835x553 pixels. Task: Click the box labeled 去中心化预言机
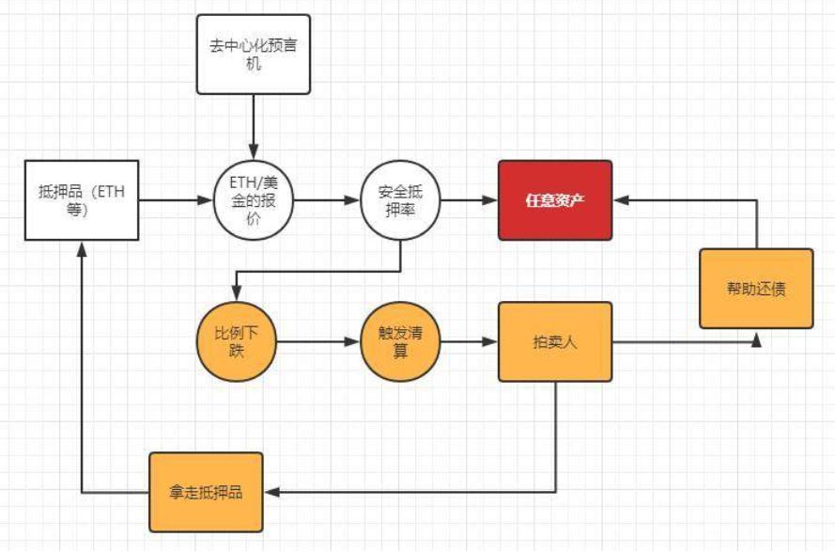click(253, 54)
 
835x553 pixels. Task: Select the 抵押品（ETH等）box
click(83, 200)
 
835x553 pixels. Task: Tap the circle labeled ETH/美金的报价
click(254, 200)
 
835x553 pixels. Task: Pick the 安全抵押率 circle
click(401, 200)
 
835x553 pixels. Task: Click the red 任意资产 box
click(555, 200)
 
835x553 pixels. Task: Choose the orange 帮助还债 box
click(756, 289)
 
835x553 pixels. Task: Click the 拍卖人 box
click(555, 341)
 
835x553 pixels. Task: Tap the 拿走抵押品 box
click(206, 491)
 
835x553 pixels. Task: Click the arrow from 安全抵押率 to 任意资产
click(469, 200)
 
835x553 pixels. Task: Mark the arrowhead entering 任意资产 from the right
click(621, 200)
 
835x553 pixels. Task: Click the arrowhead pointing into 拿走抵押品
click(271, 491)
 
